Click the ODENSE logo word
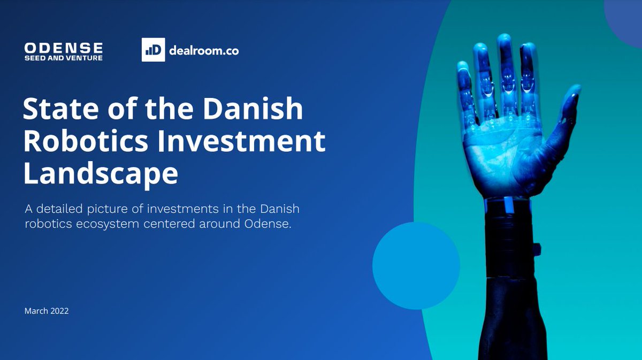(63, 47)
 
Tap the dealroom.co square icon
(153, 50)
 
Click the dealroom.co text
(203, 50)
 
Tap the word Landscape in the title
(101, 174)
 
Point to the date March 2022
(47, 311)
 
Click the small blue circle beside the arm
(416, 266)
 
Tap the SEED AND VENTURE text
(63, 58)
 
